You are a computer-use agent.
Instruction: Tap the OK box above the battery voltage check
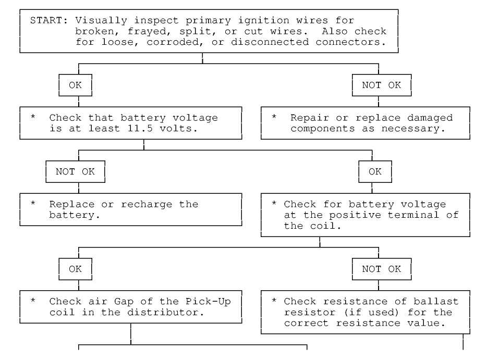tap(76, 85)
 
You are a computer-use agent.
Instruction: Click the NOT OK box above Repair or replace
tap(382, 85)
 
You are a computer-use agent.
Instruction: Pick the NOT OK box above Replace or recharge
tap(76, 172)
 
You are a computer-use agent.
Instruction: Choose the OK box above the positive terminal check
tap(375, 172)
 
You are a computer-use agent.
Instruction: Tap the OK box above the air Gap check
tap(76, 269)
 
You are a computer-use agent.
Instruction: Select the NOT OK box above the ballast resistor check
tap(382, 269)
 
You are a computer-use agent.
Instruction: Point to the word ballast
tap(436, 302)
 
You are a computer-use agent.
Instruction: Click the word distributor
tap(165, 312)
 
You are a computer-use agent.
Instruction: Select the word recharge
tap(147, 205)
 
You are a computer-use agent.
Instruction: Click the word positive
tap(355, 215)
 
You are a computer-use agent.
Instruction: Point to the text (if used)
tap(371, 312)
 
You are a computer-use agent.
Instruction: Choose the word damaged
tap(430, 118)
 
